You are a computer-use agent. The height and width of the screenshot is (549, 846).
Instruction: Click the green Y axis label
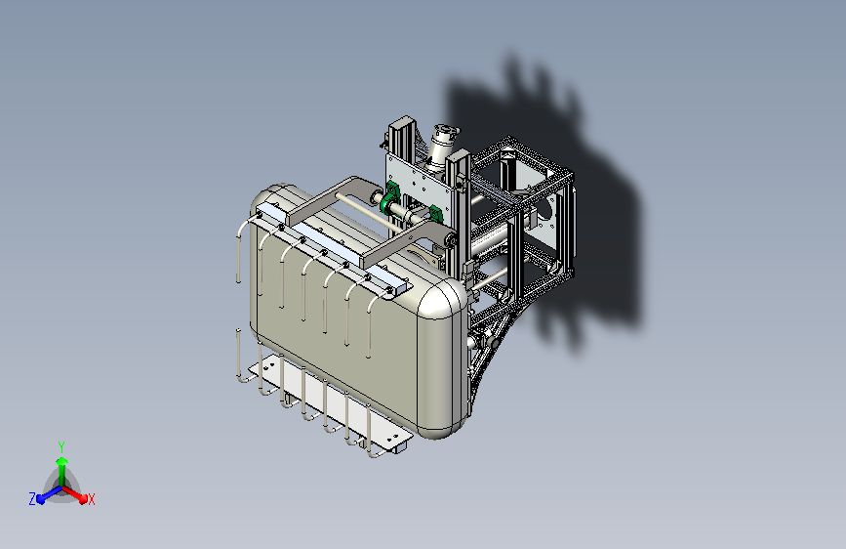click(61, 446)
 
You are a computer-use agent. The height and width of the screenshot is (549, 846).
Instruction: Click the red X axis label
click(91, 499)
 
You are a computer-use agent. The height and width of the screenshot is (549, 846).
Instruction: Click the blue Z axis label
click(32, 499)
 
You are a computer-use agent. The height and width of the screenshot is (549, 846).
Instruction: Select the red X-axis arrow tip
click(83, 498)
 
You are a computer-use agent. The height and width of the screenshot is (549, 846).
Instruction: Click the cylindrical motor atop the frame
click(441, 145)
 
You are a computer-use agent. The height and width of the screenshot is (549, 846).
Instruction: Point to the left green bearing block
click(389, 198)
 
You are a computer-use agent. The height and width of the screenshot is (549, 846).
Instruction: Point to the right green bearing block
click(436, 213)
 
